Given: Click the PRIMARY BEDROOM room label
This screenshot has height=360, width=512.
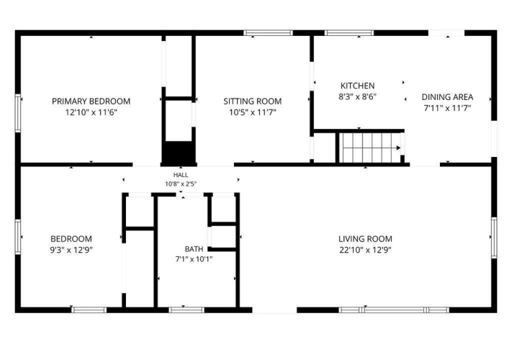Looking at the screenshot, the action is click(x=91, y=102).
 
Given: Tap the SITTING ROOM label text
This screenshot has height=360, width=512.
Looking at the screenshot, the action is click(x=253, y=102).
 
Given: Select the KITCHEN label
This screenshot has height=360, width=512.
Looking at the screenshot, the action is click(x=358, y=86).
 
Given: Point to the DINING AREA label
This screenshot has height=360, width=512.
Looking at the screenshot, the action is click(x=447, y=97).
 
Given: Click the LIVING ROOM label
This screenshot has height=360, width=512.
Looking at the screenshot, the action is click(x=365, y=239).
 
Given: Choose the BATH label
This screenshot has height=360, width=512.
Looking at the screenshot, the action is click(x=194, y=249).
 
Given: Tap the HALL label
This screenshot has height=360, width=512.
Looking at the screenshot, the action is click(x=181, y=175).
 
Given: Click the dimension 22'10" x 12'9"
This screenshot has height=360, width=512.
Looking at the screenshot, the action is click(x=365, y=250).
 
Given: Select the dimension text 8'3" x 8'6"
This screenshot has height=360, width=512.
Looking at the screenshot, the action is click(x=358, y=96).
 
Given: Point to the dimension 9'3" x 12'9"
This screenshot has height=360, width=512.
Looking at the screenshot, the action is click(x=71, y=250).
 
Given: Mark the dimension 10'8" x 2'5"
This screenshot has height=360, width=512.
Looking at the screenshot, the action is click(x=181, y=184).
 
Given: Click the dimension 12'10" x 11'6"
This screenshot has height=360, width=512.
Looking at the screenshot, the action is click(x=91, y=112).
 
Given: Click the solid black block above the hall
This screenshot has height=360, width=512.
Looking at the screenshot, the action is click(x=179, y=153).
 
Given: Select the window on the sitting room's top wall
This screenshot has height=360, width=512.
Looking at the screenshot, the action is click(x=268, y=32).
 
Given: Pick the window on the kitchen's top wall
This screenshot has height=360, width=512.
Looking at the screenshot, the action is click(x=349, y=32).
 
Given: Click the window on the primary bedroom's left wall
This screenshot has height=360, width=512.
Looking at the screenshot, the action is click(x=18, y=113).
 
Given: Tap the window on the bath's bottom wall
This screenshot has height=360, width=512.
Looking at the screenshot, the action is click(x=187, y=310).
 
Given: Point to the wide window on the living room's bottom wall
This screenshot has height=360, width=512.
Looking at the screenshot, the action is click(x=394, y=310).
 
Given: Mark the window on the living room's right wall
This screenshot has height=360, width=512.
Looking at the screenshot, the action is click(x=495, y=238).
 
